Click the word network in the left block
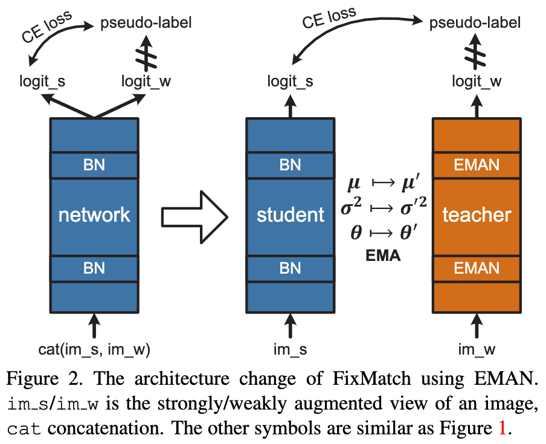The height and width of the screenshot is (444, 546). pyautogui.click(x=94, y=214)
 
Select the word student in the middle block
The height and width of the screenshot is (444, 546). pyautogui.click(x=290, y=214)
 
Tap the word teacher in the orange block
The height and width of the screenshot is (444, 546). pyautogui.click(x=477, y=214)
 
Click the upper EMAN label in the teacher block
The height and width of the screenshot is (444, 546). pyautogui.click(x=477, y=165)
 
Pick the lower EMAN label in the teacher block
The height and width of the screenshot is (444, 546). pyautogui.click(x=477, y=268)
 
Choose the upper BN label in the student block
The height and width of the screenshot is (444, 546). pyautogui.click(x=290, y=165)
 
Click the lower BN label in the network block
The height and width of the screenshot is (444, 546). pyautogui.click(x=94, y=268)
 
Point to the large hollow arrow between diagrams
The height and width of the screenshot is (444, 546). pyautogui.click(x=193, y=216)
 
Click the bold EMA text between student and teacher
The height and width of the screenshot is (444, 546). pyautogui.click(x=384, y=256)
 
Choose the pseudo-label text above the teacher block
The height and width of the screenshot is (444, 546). pyautogui.click(x=475, y=24)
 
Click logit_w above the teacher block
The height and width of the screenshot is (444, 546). pyautogui.click(x=477, y=82)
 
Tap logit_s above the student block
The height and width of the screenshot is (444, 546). pyautogui.click(x=290, y=82)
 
